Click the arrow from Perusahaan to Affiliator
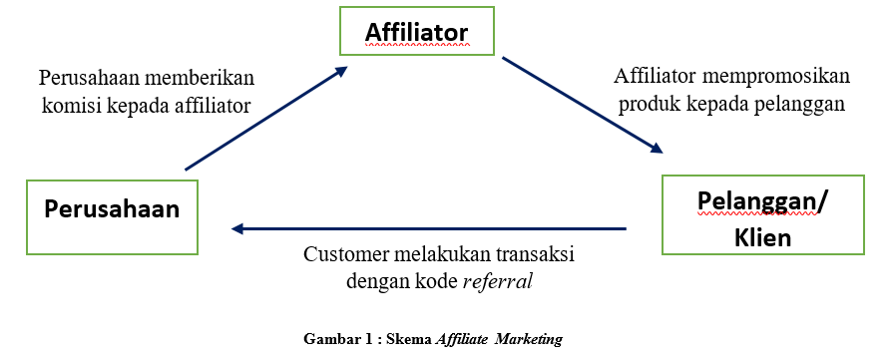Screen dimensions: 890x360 click(266, 118)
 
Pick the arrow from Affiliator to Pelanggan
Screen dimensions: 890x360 click(583, 105)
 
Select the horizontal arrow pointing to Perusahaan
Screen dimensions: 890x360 click(429, 229)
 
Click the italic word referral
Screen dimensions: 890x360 click(497, 282)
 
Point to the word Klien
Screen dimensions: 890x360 click(763, 238)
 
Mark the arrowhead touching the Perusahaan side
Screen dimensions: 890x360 click(237, 229)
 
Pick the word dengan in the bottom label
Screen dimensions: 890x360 click(373, 282)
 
